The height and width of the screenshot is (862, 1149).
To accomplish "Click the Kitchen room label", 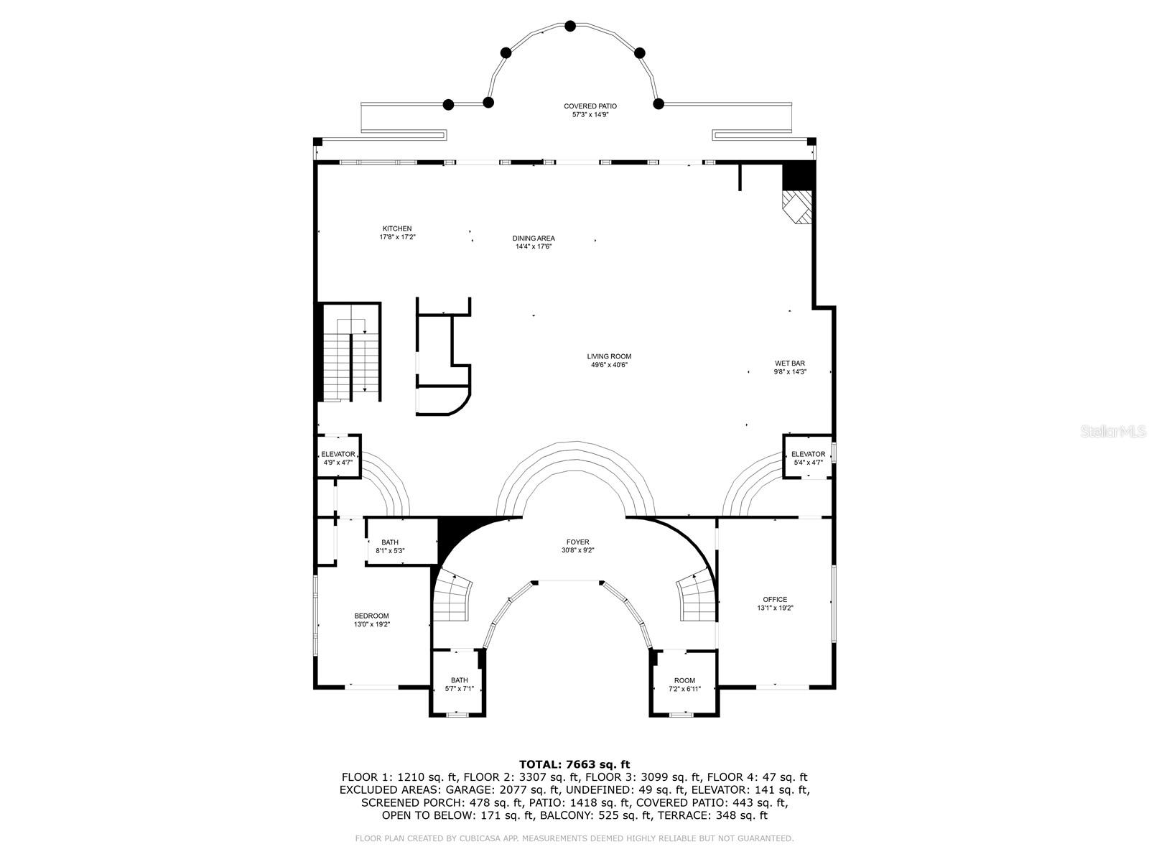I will (x=396, y=229).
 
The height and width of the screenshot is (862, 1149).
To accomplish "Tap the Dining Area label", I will (x=533, y=238).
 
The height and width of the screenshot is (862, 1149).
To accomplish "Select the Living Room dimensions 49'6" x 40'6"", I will (x=609, y=365).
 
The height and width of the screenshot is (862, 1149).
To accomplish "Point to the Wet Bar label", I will (x=789, y=363).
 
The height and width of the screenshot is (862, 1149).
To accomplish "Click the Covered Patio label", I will (x=590, y=106).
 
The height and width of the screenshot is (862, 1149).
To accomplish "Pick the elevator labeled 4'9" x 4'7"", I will (x=338, y=458).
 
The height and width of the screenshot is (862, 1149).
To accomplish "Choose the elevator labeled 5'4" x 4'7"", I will (x=808, y=458).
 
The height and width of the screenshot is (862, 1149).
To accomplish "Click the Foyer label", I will (x=577, y=542).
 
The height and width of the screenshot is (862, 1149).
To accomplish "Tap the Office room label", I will (x=775, y=599).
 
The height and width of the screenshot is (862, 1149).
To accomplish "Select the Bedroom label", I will (x=371, y=616).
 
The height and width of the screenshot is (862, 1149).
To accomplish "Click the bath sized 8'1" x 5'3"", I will (x=390, y=547).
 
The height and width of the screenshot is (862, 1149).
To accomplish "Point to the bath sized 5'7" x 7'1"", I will (x=459, y=684).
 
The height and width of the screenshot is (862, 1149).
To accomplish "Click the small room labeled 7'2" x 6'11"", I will (x=684, y=684).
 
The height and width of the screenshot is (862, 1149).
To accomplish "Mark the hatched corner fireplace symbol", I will (x=798, y=207).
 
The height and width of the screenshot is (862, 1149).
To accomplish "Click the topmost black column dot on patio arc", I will (x=570, y=26).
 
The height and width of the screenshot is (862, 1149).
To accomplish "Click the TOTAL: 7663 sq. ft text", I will (x=574, y=764).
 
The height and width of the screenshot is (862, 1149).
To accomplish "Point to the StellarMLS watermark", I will (x=1113, y=432).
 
